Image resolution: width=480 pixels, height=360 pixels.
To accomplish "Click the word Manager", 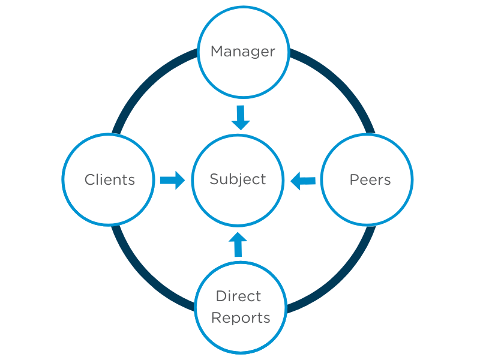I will coord(243,52).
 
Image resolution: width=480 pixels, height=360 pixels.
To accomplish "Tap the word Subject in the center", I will coord(238,179).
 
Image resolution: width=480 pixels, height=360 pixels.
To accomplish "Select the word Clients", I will coord(110,179).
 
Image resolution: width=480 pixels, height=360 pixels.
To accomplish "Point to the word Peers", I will coord(370,179).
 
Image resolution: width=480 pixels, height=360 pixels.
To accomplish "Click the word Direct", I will coord(238,296).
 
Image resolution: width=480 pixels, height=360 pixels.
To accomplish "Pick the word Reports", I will coord(241,318).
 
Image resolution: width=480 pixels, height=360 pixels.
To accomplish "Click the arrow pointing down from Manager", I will coord(241,118).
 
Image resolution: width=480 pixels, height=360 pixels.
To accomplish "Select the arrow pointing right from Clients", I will coord(172,180).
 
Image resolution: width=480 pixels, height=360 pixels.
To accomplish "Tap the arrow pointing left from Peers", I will coord(303,180).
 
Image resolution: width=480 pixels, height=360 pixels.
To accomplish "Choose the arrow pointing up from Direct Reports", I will coord(238,245).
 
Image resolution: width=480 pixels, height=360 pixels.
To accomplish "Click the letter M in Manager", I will coord(217,52).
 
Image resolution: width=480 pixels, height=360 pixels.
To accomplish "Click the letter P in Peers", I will coord(353,179).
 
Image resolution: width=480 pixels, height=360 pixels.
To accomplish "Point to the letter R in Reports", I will coord(216,318).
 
